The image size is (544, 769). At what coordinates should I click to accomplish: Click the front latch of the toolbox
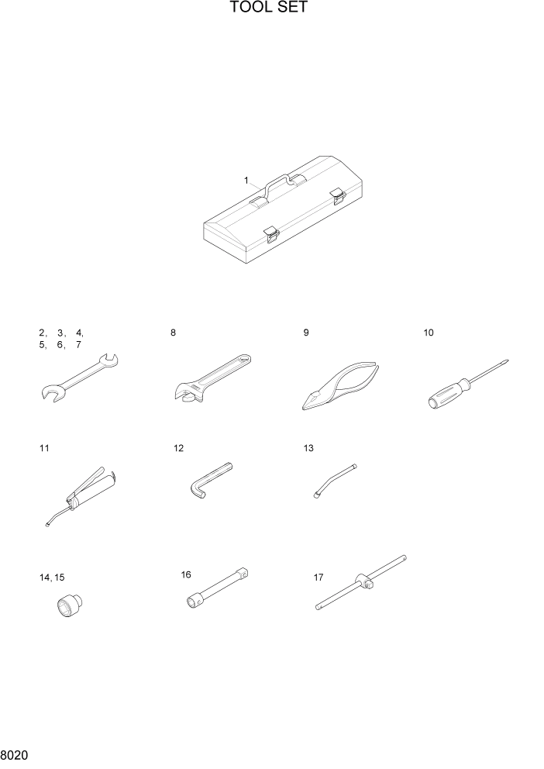270,233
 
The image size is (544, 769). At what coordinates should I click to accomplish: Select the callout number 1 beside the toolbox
246,181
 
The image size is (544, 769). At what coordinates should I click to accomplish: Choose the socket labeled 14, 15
72,605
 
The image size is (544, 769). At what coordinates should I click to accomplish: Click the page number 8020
15,754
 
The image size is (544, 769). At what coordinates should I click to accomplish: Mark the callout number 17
318,577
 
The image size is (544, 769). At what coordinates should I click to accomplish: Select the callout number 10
429,333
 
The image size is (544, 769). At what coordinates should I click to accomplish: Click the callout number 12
179,448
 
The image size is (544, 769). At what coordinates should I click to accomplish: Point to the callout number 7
78,345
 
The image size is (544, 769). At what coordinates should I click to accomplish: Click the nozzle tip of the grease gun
46,526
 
